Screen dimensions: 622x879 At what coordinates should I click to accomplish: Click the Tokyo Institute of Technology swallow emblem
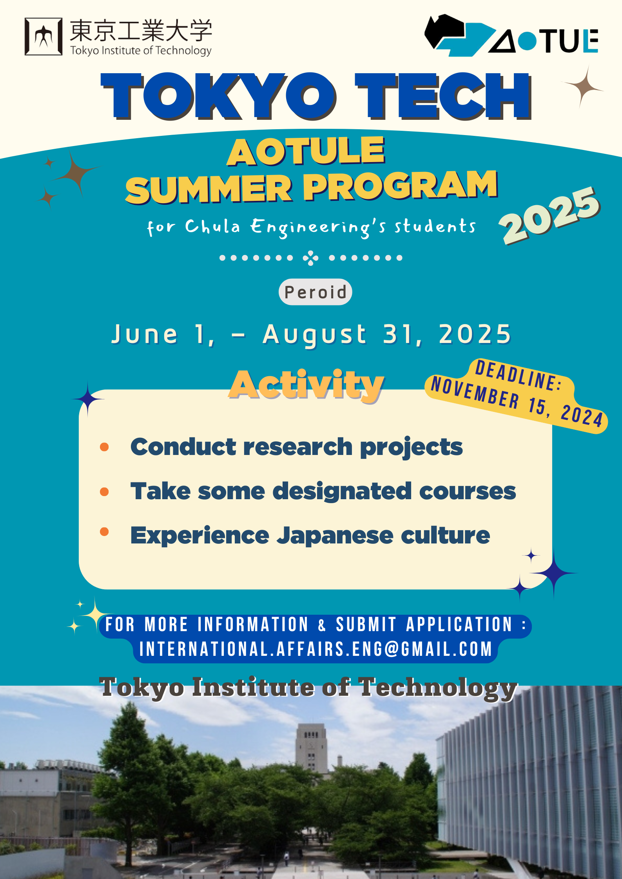pyautogui.click(x=44, y=36)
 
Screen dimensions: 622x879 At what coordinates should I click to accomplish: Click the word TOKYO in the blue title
pyautogui.click(x=218, y=96)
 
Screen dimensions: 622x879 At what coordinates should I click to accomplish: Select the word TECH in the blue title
pyautogui.click(x=443, y=96)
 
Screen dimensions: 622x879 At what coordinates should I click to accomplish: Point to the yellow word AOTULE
pyautogui.click(x=306, y=151)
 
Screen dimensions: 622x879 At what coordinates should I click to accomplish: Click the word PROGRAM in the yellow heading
pyautogui.click(x=400, y=185)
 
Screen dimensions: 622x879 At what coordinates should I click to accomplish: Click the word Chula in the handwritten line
pyautogui.click(x=212, y=226)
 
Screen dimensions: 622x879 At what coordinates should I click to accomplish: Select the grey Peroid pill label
pyautogui.click(x=316, y=292)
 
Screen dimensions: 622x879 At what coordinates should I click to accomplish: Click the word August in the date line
pyautogui.click(x=315, y=335)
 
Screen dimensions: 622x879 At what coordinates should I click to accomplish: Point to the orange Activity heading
pyautogui.click(x=306, y=385)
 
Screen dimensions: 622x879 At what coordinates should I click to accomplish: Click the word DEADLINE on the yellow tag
pyautogui.click(x=519, y=376)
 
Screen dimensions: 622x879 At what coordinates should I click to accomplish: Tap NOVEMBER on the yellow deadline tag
pyautogui.click(x=475, y=393)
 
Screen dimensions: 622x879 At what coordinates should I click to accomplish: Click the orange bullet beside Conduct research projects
pyautogui.click(x=104, y=447)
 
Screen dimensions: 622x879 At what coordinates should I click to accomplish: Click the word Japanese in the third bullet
pyautogui.click(x=335, y=536)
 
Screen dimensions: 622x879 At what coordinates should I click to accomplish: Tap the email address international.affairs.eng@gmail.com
pyautogui.click(x=316, y=649)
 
